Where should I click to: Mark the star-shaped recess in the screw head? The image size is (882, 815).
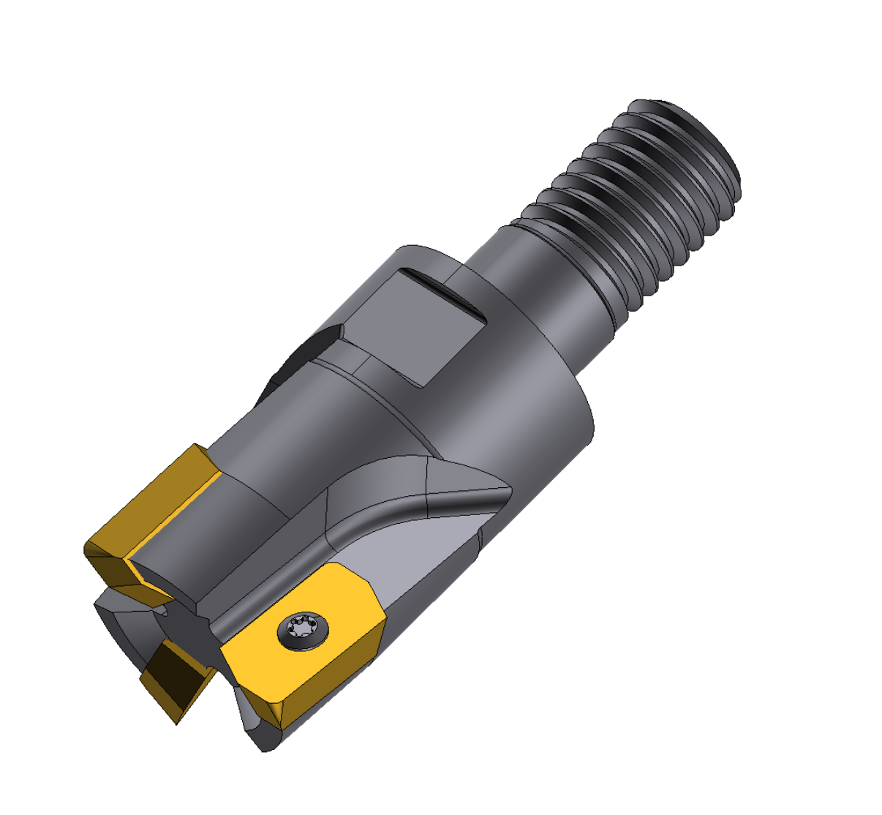pos(302,628)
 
